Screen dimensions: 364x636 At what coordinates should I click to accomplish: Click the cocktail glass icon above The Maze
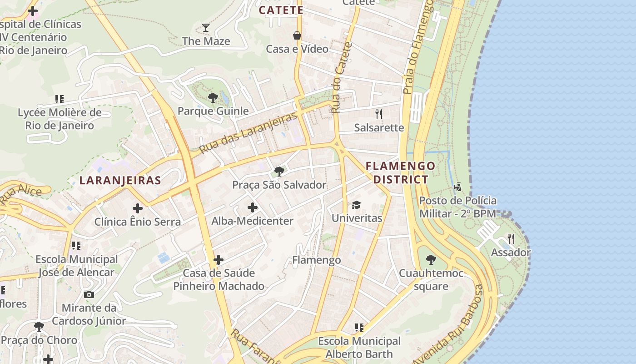[x=206, y=28]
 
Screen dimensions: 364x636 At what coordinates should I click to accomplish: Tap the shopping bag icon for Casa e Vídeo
[x=297, y=35]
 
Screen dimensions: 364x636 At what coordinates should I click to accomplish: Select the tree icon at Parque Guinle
[x=213, y=97]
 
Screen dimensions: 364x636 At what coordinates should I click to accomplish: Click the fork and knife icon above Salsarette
[x=379, y=114]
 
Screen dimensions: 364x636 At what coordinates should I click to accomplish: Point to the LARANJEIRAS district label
[x=120, y=180]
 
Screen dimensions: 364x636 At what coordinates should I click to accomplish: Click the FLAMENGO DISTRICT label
[x=400, y=172]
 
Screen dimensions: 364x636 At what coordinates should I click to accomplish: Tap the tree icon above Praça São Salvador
[x=279, y=172]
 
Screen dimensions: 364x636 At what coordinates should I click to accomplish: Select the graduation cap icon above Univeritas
[x=356, y=205]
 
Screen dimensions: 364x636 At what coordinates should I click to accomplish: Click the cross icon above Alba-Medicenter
[x=253, y=208]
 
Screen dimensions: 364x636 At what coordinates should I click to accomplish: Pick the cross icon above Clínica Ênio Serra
[x=138, y=209]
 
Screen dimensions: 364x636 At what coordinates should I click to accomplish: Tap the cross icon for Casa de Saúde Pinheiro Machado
[x=219, y=260]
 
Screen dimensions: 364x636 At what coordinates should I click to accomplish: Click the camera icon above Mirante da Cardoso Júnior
[x=89, y=294]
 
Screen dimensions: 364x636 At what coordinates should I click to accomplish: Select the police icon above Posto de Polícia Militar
[x=457, y=187]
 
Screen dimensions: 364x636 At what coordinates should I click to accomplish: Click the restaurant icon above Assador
[x=511, y=239]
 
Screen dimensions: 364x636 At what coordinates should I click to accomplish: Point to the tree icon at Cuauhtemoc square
[x=431, y=260]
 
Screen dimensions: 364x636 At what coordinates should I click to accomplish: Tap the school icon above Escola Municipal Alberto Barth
[x=359, y=328]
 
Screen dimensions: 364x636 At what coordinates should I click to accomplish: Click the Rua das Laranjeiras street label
[x=248, y=131]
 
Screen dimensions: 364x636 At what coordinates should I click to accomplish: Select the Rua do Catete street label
[x=342, y=78]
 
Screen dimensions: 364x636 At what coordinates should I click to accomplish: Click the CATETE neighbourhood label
[x=281, y=10]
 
